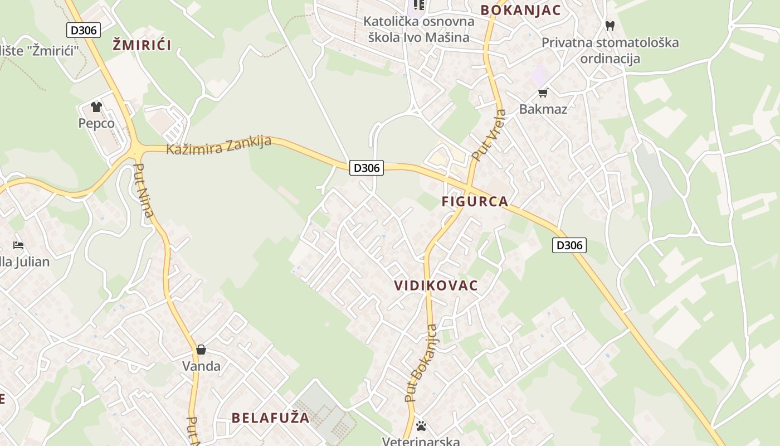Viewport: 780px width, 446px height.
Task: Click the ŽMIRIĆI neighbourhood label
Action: pos(142,45)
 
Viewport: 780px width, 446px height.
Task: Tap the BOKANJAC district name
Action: pos(521,10)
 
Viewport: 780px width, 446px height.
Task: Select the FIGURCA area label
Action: pos(475,201)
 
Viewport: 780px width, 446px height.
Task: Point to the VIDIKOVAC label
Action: pos(436,285)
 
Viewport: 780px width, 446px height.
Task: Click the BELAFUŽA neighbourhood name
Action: pos(270,418)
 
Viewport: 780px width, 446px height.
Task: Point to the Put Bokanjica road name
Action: pos(421,363)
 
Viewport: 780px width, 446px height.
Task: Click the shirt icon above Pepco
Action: pos(96,106)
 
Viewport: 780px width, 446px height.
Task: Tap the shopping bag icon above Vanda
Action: pos(201,350)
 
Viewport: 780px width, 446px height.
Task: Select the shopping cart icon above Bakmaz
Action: pos(543,93)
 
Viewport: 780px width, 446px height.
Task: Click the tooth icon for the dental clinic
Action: pos(610,26)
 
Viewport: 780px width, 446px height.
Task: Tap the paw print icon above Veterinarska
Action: pos(421,426)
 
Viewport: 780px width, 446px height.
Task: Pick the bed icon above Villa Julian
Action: pos(18,245)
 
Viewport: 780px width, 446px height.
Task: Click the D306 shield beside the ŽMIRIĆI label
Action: pos(84,30)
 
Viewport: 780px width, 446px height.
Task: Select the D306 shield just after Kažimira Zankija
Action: pos(367,167)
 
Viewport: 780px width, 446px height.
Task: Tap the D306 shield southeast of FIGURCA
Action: pos(569,245)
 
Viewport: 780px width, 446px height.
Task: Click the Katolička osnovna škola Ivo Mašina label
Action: pos(418,29)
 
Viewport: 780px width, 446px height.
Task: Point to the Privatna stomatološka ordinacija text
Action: pos(610,50)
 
